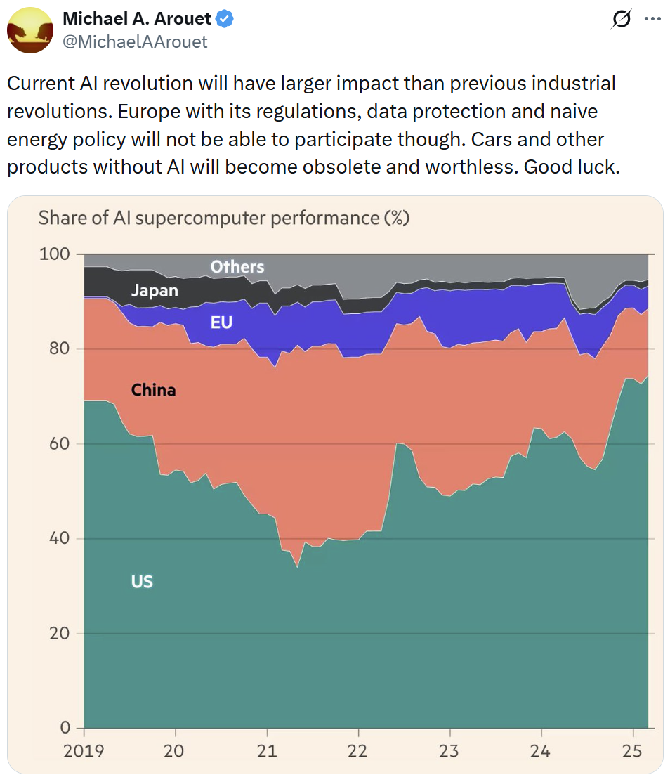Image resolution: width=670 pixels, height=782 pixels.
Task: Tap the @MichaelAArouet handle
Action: [x=135, y=42]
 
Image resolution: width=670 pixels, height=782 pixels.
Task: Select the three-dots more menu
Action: [x=652, y=20]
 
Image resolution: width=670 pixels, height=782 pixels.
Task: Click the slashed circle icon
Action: [x=622, y=20]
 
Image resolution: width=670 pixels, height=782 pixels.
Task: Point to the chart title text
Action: [x=223, y=219]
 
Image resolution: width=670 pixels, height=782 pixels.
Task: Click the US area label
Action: [x=142, y=582]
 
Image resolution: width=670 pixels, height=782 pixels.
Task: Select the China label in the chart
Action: [x=153, y=390]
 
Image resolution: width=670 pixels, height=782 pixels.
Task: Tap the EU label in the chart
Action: [x=221, y=323]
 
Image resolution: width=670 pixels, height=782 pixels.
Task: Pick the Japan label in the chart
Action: [x=155, y=291]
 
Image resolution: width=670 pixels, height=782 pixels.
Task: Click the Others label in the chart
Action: [x=237, y=267]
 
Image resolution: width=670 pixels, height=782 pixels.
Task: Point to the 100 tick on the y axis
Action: [x=55, y=254]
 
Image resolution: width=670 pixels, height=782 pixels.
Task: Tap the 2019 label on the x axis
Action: [x=84, y=751]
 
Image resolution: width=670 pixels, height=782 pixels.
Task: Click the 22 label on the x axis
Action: [x=358, y=751]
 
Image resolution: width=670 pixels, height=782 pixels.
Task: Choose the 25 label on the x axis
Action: [x=633, y=751]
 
